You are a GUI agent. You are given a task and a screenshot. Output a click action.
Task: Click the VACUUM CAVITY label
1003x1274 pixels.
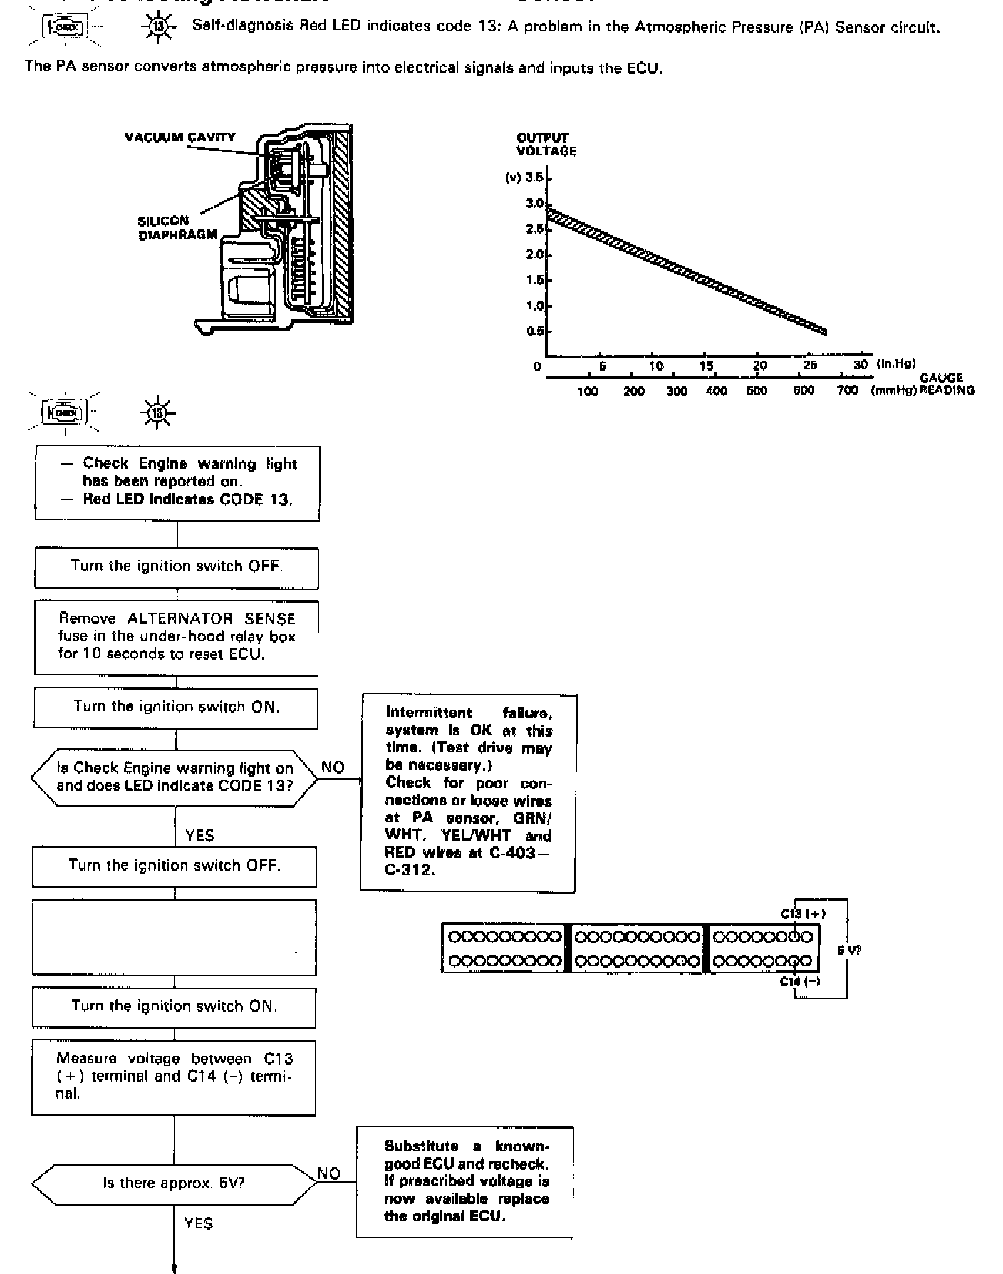coord(180,137)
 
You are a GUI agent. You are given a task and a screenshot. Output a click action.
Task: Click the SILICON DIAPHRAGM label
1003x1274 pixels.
coord(177,228)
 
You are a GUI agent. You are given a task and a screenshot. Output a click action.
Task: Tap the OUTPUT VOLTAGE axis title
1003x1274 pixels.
coord(546,144)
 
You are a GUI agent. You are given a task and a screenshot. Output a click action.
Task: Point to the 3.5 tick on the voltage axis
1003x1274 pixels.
coord(535,177)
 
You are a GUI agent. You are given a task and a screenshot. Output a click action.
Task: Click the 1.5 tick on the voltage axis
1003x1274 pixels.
coord(535,280)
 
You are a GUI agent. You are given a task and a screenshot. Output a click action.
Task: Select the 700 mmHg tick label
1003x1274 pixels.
coord(847,390)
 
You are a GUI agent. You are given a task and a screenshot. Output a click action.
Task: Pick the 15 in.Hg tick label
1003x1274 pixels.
coord(706,366)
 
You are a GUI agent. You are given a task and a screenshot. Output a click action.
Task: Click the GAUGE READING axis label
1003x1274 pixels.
coord(945,384)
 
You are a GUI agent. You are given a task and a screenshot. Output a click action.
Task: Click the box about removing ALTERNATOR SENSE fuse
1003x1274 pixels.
coord(176,637)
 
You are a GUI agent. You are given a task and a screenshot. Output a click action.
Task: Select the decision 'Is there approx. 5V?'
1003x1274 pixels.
coord(174,1184)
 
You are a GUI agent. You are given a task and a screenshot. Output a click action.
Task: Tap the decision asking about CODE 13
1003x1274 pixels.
coord(175,777)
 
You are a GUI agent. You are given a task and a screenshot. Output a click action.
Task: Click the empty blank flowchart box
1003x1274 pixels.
coord(174,937)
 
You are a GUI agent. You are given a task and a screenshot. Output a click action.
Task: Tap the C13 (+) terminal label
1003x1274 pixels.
coord(803,913)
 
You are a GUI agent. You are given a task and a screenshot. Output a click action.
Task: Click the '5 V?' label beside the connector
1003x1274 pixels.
coord(848,950)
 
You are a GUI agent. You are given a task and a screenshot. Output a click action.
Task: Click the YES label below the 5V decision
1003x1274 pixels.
coord(198,1223)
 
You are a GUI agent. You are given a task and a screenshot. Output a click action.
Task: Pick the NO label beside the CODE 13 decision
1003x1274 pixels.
coord(333,767)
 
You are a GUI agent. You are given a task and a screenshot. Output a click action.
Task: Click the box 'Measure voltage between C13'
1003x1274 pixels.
coord(174,1077)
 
